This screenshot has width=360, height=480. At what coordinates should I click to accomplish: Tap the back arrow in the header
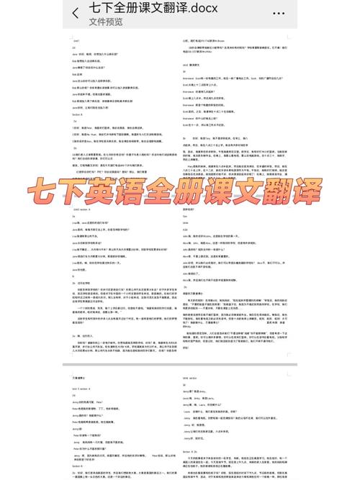pos(76,13)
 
